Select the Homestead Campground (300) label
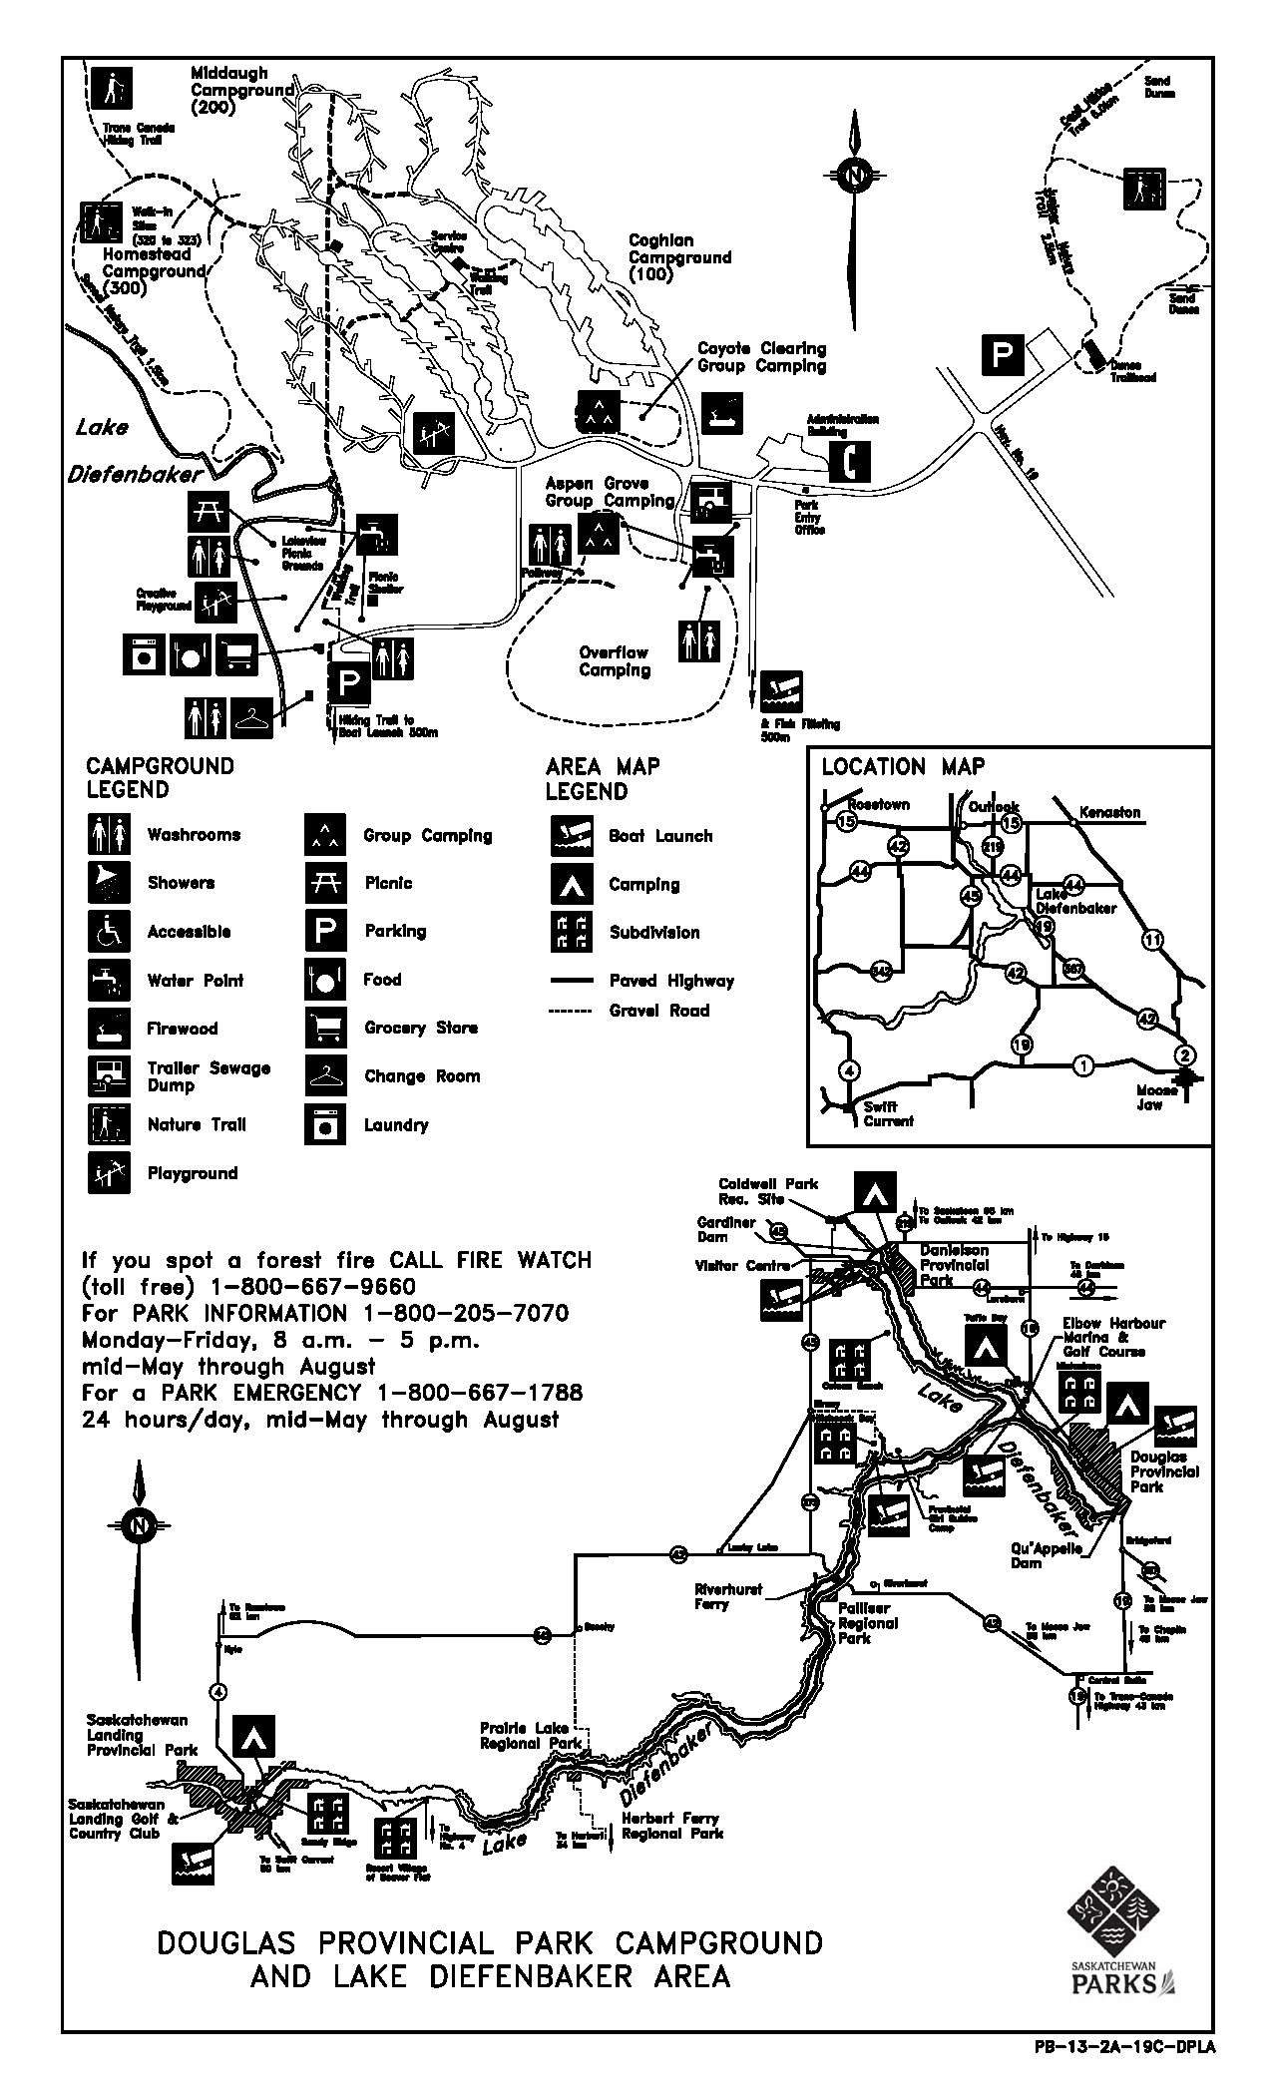154,271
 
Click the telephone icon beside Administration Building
850,460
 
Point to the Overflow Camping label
614,661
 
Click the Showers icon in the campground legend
109,883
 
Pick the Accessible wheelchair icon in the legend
109,932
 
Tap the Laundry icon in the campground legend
325,1125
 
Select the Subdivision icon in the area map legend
571,933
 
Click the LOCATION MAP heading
903,767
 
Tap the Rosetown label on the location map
878,805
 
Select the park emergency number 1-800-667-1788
479,1393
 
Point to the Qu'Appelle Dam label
1041,1555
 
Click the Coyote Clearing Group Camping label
762,357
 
